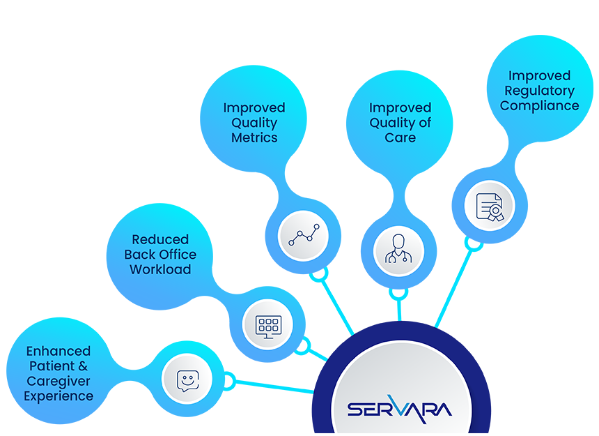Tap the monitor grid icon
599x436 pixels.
tap(268, 325)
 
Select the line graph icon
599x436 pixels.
tap(304, 235)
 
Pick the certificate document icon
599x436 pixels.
tap(490, 206)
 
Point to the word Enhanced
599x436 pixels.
tap(59, 351)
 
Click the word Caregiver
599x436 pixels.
tap(59, 381)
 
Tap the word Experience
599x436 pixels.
tap(59, 396)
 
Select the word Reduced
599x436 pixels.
tap(160, 239)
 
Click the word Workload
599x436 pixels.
tap(160, 269)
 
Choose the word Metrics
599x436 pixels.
tap(254, 137)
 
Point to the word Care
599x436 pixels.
tap(400, 137)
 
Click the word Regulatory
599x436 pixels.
tap(540, 91)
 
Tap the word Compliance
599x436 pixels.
tap(540, 106)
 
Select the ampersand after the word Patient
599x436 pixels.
tap(82, 366)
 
